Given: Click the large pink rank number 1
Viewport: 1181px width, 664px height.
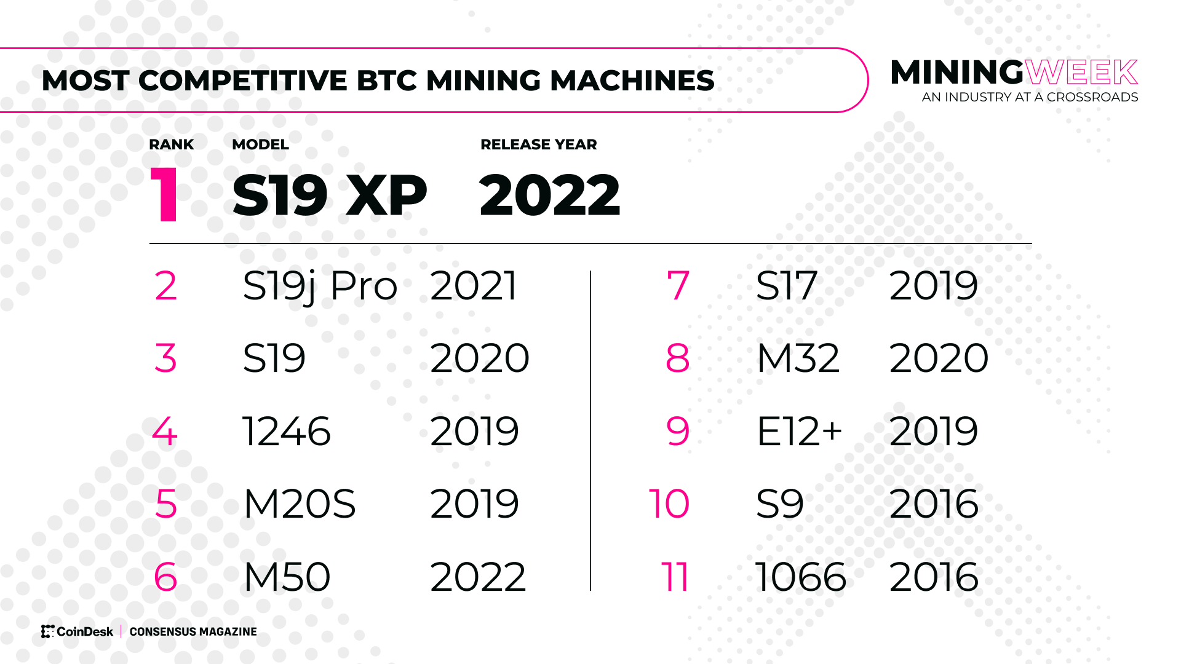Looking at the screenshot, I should coord(165,196).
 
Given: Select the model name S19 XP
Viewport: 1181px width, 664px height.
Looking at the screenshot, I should coord(329,196).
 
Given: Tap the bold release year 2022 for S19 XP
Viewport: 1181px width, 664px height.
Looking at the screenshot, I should coord(549,196).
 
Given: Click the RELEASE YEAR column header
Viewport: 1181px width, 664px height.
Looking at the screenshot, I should coord(538,144).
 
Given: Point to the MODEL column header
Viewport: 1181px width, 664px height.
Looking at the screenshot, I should coord(260,144).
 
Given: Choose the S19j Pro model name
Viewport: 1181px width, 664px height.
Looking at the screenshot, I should coord(320,287).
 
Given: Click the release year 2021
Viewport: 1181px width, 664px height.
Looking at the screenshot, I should coord(474,286).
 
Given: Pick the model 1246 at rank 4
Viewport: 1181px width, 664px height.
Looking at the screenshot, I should coord(287,431).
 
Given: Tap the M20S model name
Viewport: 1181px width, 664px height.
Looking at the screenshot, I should coord(300,504).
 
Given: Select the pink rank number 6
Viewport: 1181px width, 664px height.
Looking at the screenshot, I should coord(165,577).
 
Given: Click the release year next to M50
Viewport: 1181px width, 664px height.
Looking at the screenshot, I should coord(478,577).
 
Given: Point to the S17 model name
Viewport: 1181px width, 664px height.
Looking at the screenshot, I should coord(786,286).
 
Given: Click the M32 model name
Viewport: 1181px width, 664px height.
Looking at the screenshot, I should coord(798,358).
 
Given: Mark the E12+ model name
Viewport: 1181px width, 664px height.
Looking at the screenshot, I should coord(799,431).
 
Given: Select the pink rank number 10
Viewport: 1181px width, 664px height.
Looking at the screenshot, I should coord(669,504).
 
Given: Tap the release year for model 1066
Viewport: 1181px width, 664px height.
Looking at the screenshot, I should coord(934,577).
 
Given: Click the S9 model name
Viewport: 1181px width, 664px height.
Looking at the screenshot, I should coord(779,504).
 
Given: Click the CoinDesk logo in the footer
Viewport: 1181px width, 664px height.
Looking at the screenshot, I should coord(78,631).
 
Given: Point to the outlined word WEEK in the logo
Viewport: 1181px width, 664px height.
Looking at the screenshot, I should coord(1081,73).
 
